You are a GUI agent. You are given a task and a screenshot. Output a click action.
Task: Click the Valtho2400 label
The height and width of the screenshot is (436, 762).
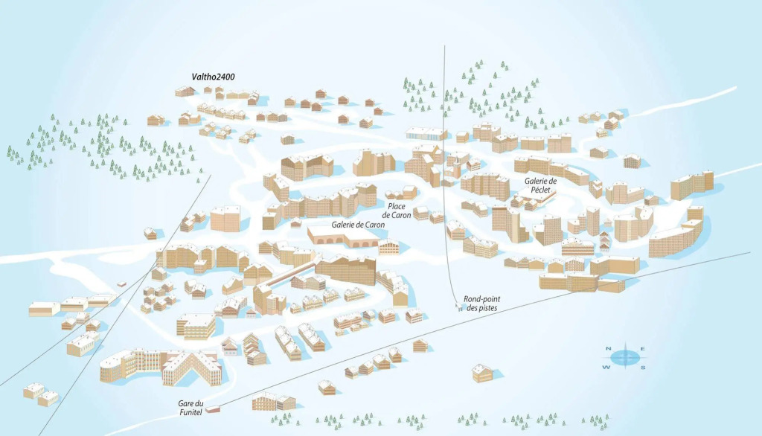[213, 77]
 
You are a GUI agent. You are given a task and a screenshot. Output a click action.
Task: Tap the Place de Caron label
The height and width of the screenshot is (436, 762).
[397, 211]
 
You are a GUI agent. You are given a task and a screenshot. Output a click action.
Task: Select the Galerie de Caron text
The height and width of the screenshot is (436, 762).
[358, 225]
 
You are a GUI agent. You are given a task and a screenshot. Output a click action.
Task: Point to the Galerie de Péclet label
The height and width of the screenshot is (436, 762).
[540, 185]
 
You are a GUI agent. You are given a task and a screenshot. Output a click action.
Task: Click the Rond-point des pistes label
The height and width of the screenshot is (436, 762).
[481, 304]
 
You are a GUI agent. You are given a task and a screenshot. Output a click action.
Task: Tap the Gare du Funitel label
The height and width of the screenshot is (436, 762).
[190, 408]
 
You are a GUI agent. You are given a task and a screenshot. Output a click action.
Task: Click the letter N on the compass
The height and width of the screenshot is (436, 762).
[608, 348]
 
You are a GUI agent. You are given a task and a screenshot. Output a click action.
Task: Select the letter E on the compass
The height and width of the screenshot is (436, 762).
[642, 348]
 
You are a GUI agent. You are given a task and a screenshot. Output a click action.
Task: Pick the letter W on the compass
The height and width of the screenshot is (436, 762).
[606, 367]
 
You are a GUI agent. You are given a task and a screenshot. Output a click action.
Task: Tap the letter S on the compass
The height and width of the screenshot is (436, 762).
[642, 368]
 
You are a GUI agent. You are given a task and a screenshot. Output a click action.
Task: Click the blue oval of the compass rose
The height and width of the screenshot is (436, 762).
[625, 358]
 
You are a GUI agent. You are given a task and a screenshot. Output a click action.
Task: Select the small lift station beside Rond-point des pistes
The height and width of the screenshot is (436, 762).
[458, 307]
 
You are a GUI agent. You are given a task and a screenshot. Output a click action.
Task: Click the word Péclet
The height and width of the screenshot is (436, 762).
[540, 190]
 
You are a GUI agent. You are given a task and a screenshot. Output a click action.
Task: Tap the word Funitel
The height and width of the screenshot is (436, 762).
[190, 413]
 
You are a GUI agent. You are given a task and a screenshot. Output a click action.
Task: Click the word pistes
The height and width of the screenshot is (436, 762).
[481, 308]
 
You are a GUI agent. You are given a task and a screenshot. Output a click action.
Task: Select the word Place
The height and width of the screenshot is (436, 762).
[397, 207]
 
